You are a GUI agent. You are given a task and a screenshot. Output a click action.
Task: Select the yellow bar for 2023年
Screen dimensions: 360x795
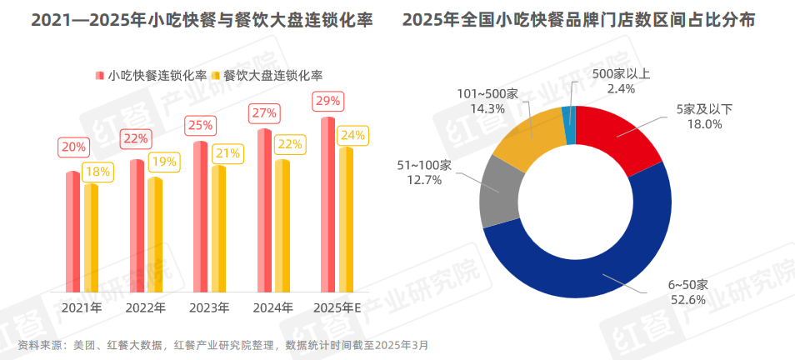pos(218,228)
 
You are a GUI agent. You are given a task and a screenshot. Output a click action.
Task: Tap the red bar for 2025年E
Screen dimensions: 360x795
pos(327,204)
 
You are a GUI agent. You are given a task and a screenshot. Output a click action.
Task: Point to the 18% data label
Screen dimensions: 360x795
pos(98,171)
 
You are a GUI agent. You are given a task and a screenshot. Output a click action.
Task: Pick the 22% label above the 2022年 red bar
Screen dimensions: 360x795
pos(136,139)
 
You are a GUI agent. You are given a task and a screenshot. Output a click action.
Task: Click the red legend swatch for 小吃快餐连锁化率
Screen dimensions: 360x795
pos(98,76)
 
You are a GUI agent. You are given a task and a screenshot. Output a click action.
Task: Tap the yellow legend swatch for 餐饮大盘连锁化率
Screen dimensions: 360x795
pos(215,76)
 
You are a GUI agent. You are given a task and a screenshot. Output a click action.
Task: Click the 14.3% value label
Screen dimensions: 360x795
pos(487,107)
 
